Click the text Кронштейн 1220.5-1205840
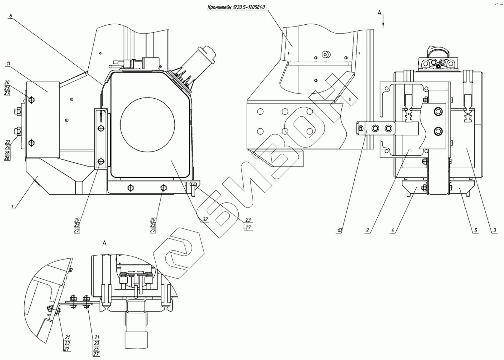click(x=236, y=7)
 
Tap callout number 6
click(x=11, y=16)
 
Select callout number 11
click(x=8, y=64)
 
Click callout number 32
click(x=205, y=219)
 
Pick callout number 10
click(x=340, y=231)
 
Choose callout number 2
click(x=368, y=231)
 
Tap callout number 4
click(x=393, y=231)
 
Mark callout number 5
click(x=476, y=231)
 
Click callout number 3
click(x=495, y=231)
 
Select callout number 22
click(x=7, y=142)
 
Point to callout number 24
click(x=7, y=147)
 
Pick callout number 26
click(x=7, y=152)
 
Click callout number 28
click(x=7, y=158)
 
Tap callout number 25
click(x=96, y=349)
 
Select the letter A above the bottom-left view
click(x=104, y=243)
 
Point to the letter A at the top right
click(x=380, y=13)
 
